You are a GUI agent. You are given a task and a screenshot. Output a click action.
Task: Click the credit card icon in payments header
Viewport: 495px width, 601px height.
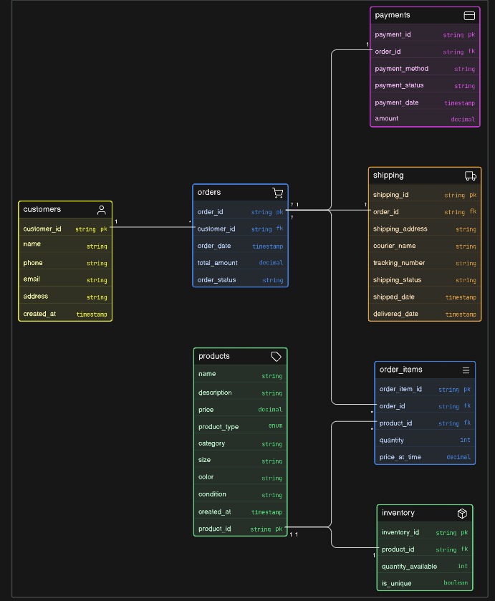coord(469,16)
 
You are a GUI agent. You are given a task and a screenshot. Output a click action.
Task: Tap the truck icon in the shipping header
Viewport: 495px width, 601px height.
coord(471,176)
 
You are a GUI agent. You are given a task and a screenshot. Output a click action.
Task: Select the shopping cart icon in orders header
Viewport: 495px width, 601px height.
coord(277,193)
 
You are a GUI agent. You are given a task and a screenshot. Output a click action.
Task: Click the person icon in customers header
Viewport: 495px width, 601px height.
coord(102,210)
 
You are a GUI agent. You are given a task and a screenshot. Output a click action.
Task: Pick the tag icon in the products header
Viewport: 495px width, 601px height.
coord(277,357)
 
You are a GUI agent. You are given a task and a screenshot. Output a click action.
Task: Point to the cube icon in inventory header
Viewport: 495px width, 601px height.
coord(462,514)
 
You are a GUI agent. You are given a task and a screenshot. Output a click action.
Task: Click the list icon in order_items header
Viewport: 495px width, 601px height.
coord(466,370)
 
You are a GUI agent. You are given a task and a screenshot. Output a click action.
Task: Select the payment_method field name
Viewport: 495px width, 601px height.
coord(401,69)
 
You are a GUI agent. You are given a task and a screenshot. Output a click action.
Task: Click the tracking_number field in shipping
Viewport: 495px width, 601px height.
coord(398,263)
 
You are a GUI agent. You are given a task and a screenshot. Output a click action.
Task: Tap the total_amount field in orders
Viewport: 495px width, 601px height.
coord(217,263)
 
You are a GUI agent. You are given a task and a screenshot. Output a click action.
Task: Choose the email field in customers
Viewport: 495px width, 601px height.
coord(32,279)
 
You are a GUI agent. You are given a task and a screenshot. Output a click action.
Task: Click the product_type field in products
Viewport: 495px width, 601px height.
coord(218,426)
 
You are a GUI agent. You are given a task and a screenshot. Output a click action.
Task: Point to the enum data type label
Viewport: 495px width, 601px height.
coord(275,426)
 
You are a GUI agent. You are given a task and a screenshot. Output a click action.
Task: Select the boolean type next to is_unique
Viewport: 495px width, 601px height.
coord(456,583)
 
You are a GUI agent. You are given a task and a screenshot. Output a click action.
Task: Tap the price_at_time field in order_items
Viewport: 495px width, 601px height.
coord(400,457)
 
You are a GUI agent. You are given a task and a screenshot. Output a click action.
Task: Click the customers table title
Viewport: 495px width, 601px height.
coord(42,210)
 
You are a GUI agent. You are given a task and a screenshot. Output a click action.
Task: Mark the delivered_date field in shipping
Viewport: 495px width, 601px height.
coord(396,314)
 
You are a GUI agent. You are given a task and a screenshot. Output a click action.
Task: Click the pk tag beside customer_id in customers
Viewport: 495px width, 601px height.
coord(103,229)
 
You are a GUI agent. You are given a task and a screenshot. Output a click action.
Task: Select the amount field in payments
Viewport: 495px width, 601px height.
coord(386,119)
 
